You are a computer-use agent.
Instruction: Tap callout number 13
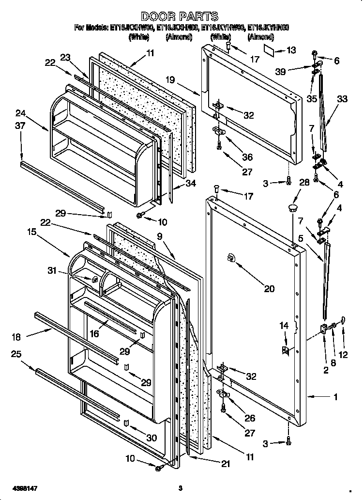click(x=290, y=50)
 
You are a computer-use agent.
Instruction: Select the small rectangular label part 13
click(x=270, y=49)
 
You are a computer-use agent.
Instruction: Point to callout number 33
click(x=342, y=99)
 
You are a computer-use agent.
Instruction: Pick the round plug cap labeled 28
click(x=292, y=208)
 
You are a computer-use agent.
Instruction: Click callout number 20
click(x=269, y=289)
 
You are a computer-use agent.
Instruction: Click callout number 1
click(x=335, y=397)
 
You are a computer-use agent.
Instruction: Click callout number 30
click(x=152, y=437)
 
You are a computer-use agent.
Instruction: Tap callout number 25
click(x=15, y=355)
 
